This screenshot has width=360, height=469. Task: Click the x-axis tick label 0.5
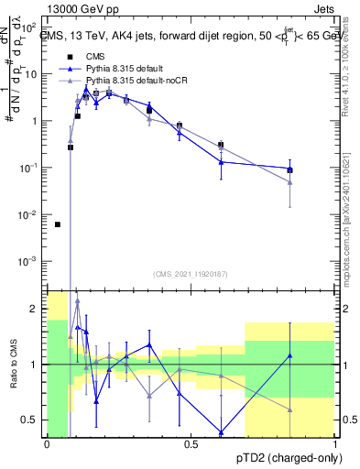coord(191,445)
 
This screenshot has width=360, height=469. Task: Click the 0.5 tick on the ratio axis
coord(32,420)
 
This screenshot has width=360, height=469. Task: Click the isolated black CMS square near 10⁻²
coord(58,224)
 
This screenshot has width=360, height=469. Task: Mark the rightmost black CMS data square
coord(289,169)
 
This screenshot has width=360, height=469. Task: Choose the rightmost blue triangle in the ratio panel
coord(289,355)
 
